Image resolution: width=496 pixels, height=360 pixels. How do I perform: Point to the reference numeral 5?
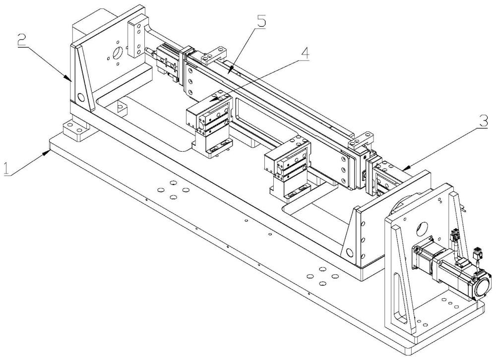click(x=261, y=21)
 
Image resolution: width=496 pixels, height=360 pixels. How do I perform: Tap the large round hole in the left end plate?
click(x=118, y=53)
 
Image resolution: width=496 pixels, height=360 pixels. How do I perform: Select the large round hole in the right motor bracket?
click(x=422, y=228)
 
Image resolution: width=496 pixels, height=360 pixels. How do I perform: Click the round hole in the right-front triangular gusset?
click(x=349, y=252)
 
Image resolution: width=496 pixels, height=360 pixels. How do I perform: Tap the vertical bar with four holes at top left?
click(x=137, y=38)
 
